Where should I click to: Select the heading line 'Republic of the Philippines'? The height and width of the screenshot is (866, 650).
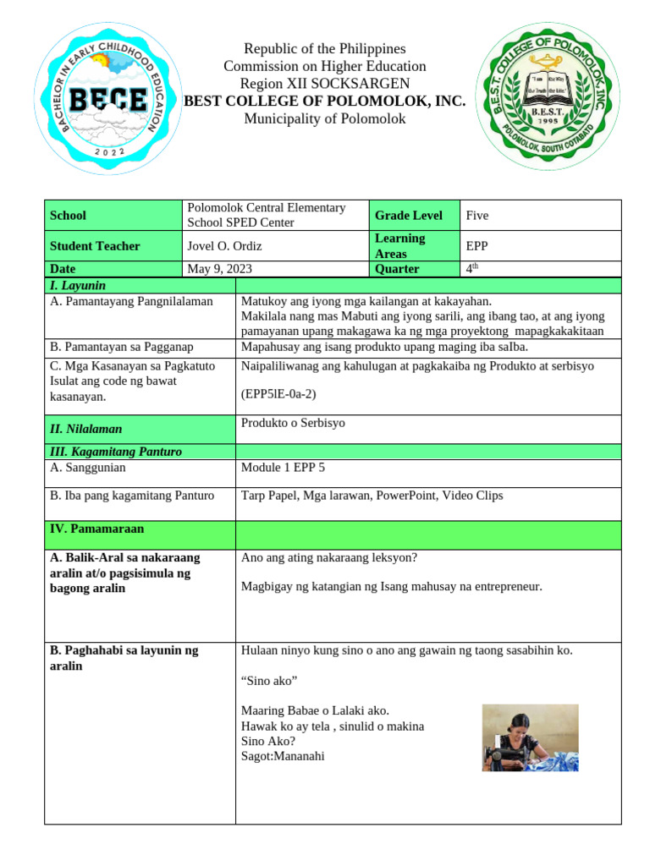[325, 49]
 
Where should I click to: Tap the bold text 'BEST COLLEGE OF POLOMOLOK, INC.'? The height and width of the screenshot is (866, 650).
[325, 101]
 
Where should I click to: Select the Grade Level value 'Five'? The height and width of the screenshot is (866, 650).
[477, 216]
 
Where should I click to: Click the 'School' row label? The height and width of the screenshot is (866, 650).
[68, 216]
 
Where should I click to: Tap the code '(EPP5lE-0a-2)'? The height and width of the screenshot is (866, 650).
[280, 393]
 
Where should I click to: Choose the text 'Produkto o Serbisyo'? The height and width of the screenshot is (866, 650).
[293, 423]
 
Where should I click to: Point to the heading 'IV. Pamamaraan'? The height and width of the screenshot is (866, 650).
[97, 529]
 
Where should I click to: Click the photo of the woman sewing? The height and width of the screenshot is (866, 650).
[530, 737]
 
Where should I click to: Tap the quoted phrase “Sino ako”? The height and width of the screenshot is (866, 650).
[269, 681]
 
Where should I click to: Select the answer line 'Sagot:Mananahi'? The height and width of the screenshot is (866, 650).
[283, 756]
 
